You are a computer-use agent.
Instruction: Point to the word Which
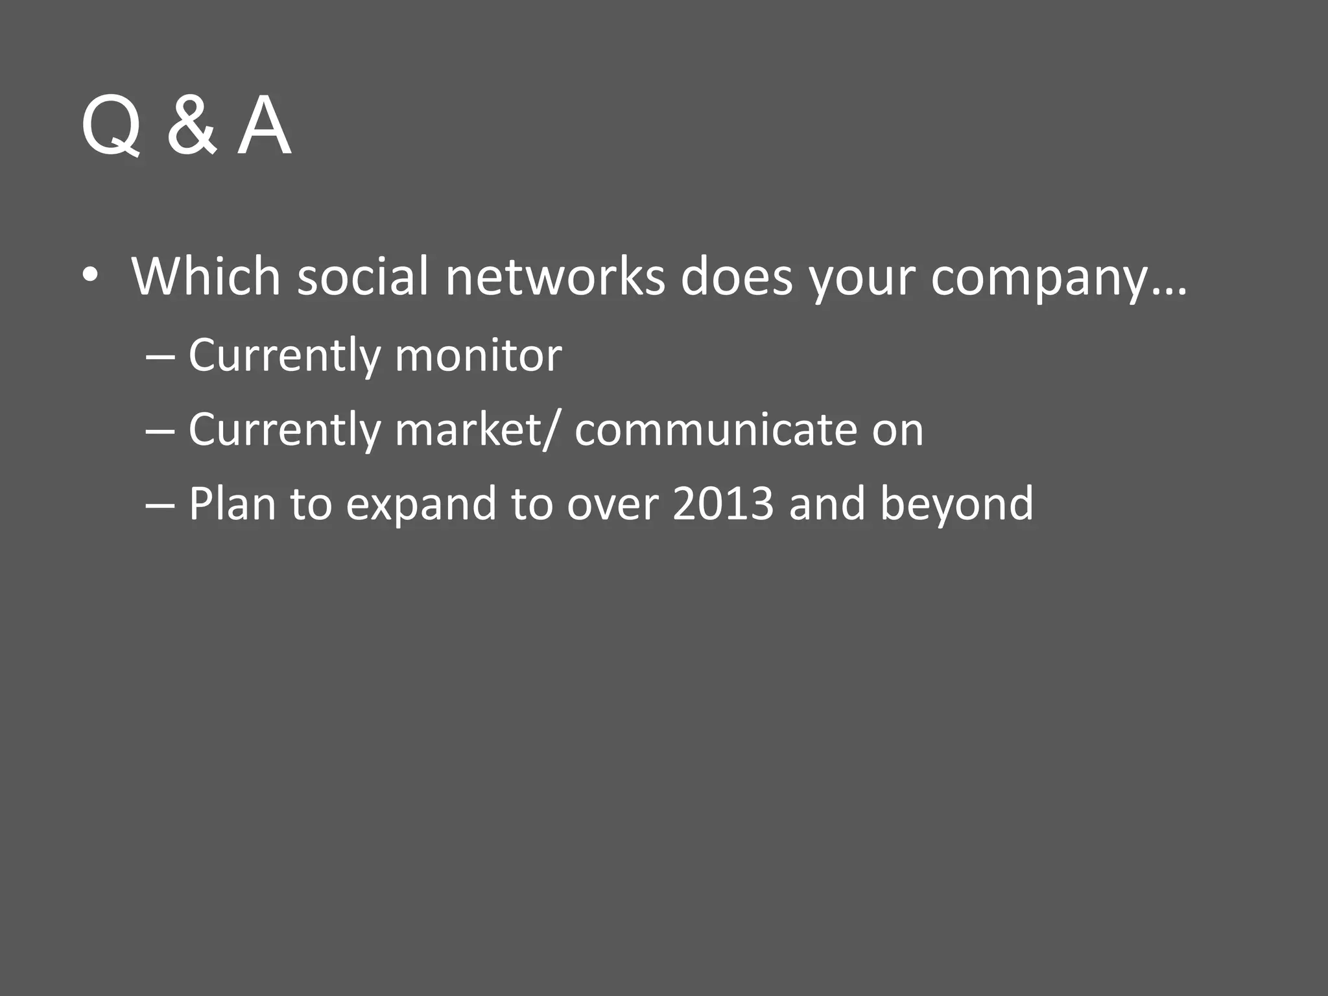tap(206, 277)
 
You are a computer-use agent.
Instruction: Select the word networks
tap(555, 277)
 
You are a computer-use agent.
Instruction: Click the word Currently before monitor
tap(285, 357)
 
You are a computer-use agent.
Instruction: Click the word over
tap(613, 504)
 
